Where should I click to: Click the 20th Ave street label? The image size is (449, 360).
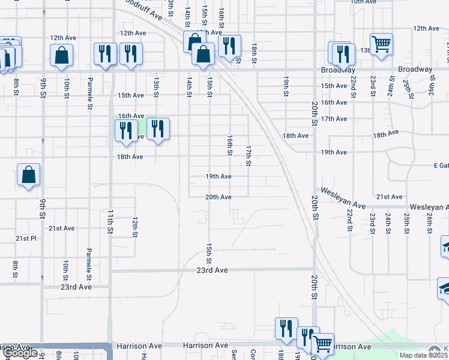(218, 197)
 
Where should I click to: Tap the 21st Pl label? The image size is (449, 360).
(26, 238)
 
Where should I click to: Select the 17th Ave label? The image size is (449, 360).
(334, 119)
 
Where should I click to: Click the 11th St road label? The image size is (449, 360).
(110, 221)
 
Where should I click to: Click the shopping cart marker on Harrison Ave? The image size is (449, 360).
(323, 344)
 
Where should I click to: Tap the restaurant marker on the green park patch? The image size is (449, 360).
(126, 130)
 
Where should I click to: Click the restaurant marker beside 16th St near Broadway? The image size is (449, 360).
(229, 45)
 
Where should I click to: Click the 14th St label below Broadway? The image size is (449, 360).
(188, 86)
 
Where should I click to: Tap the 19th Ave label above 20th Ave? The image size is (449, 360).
(218, 177)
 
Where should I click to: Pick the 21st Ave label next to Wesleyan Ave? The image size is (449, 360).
(389, 197)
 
